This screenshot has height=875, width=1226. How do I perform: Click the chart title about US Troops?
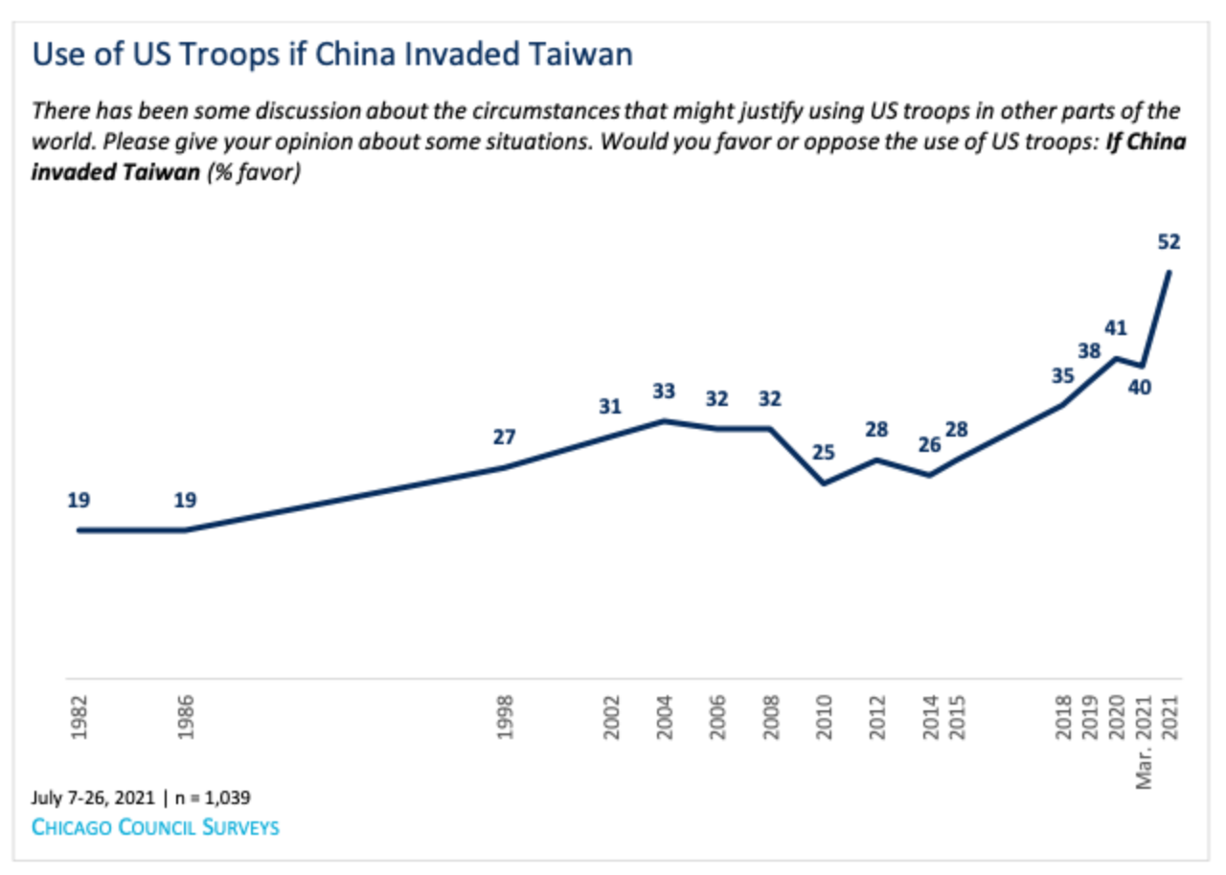click(332, 54)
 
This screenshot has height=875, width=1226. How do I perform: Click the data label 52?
click(1169, 242)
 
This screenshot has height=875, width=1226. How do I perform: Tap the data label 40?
click(1140, 388)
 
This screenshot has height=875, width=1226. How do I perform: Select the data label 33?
click(664, 391)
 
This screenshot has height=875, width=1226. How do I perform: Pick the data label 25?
click(825, 452)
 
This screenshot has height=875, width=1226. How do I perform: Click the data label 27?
click(504, 437)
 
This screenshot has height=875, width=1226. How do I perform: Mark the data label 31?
click(610, 406)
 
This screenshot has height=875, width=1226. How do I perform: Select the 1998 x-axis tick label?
click(505, 714)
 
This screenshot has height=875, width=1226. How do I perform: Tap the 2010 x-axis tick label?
click(825, 714)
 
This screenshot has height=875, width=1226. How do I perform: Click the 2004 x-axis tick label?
click(665, 714)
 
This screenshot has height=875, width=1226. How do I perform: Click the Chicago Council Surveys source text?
click(155, 826)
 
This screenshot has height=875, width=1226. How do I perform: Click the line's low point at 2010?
click(824, 483)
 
